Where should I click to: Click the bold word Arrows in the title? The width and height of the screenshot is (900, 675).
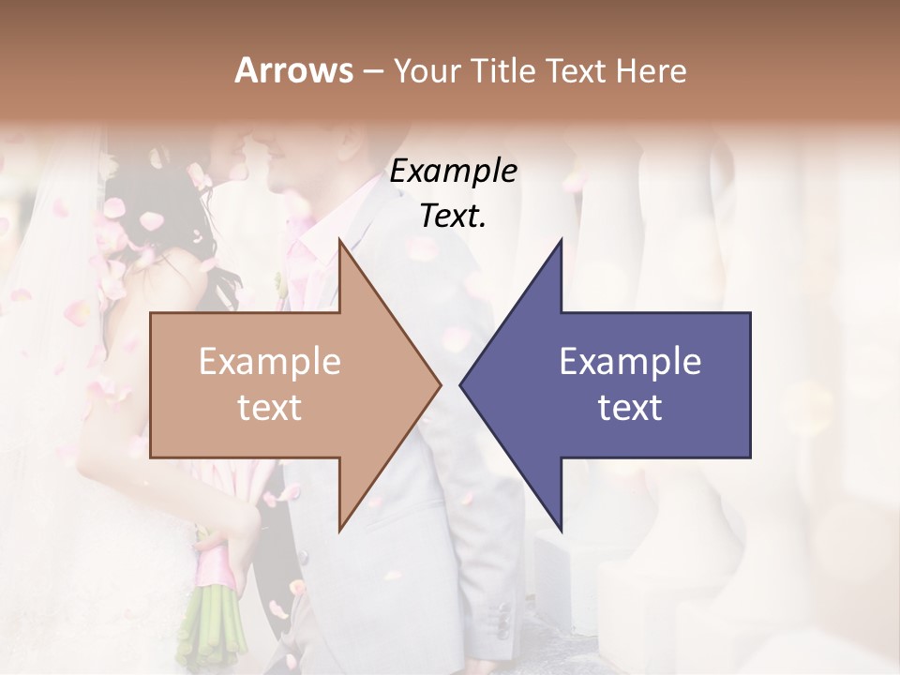click(x=293, y=70)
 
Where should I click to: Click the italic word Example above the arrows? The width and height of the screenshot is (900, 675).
click(x=453, y=172)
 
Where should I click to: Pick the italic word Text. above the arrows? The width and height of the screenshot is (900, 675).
click(x=453, y=217)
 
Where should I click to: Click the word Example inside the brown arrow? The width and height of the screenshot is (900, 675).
click(x=270, y=362)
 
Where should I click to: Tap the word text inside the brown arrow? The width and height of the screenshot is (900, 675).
click(x=270, y=408)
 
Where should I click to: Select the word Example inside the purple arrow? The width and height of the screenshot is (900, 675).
click(x=630, y=362)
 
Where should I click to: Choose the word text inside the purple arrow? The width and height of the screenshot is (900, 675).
click(x=630, y=408)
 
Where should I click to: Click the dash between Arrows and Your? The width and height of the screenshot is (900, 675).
click(x=372, y=72)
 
